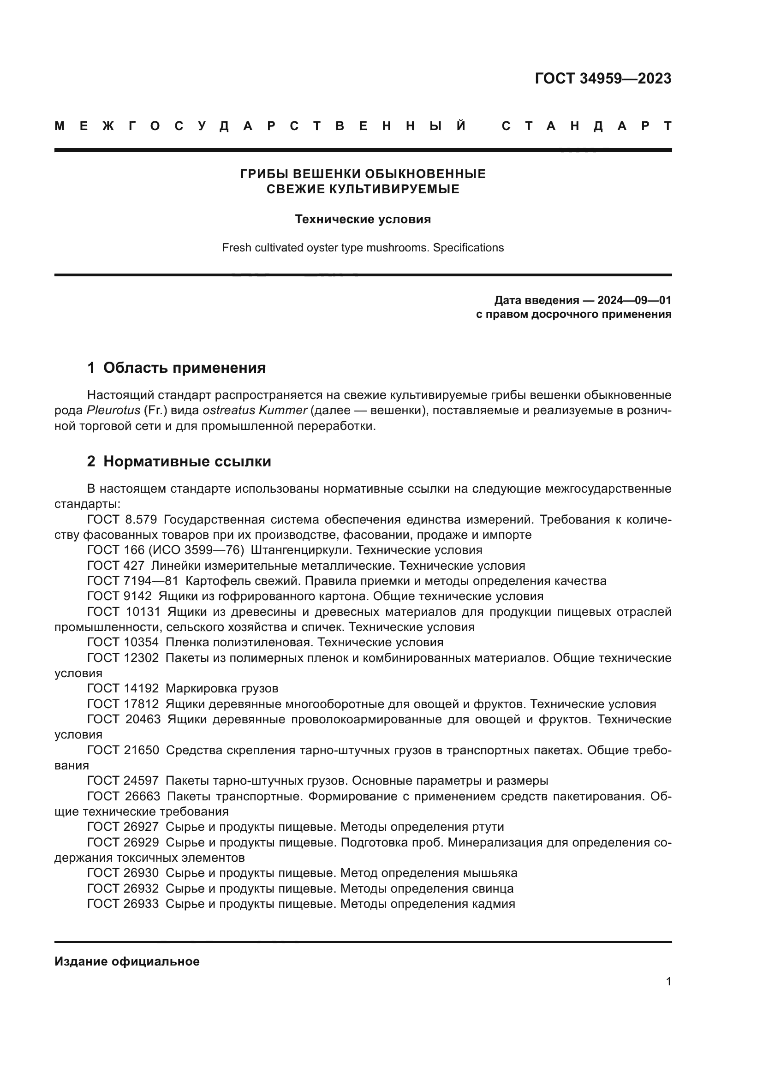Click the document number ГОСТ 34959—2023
[603, 78]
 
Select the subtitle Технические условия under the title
[363, 220]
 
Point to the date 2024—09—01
[634, 300]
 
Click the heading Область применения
[184, 368]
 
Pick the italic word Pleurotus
[113, 410]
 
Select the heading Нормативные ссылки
[187, 461]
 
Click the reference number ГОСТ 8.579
[122, 520]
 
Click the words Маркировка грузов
[222, 689]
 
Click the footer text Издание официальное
[127, 961]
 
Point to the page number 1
[668, 982]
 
